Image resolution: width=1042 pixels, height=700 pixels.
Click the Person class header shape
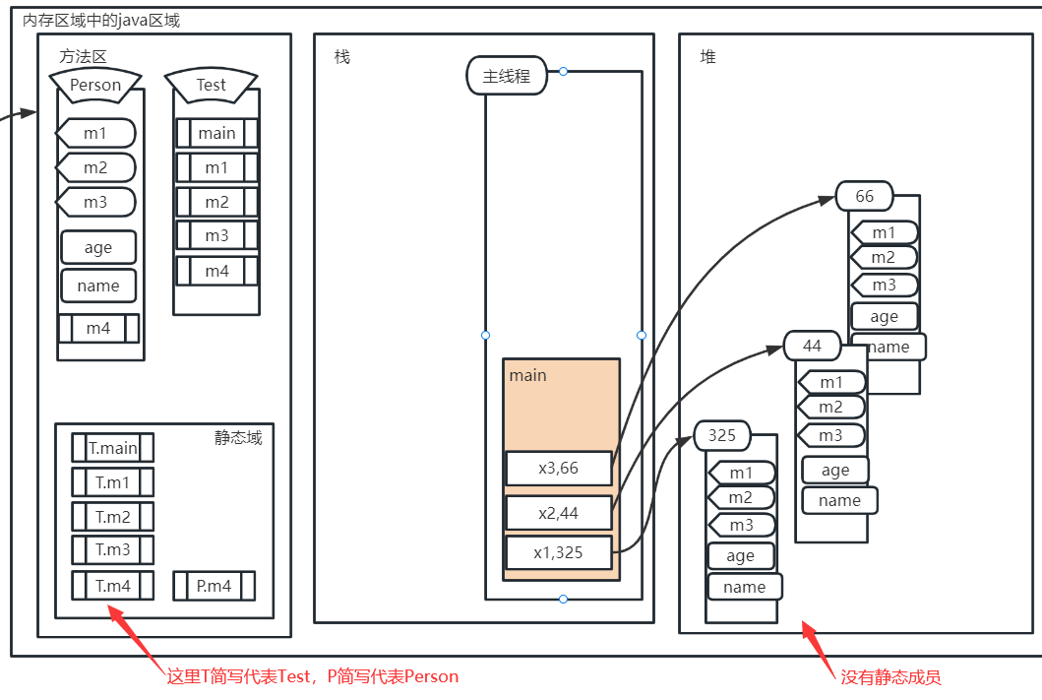coord(95,85)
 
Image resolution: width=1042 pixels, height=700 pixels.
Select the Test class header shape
coord(212,85)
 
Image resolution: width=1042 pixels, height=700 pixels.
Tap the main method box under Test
coord(216,133)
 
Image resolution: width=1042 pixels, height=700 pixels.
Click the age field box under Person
coord(98,247)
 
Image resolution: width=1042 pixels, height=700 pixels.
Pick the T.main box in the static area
coord(113,448)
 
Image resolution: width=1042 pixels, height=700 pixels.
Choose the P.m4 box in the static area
coord(214,586)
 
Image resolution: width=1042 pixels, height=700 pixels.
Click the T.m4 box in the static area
coord(113,586)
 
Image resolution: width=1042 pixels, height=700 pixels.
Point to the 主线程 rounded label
coord(507,77)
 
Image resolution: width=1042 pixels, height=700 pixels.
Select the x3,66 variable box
coord(559,468)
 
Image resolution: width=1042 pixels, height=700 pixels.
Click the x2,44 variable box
coord(559,513)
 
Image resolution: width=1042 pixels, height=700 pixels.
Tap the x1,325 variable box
coord(559,552)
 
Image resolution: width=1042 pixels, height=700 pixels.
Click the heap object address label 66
coord(865,196)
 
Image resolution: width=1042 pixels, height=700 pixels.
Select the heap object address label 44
coord(812,346)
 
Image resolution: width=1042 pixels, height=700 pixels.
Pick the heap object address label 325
coord(721,435)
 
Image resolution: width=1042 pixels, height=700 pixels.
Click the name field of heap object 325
coord(744,587)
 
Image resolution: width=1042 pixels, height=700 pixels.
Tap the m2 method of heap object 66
coord(884,257)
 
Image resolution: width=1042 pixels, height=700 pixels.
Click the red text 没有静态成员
coord(890,677)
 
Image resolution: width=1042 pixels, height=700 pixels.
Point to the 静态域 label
coord(238,437)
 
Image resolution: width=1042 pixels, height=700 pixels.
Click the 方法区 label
coord(83,56)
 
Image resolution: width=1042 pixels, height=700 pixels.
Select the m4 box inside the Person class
coord(98,329)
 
